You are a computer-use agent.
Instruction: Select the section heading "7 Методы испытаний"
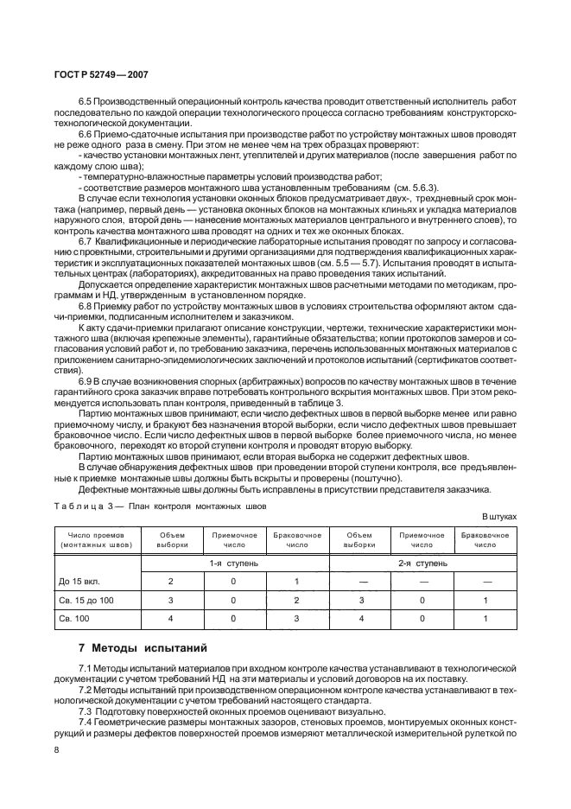click(x=135, y=647)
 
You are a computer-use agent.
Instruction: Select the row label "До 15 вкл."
click(x=79, y=580)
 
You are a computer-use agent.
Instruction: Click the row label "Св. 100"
click(x=75, y=618)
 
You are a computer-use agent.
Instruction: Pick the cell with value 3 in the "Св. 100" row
click(x=297, y=618)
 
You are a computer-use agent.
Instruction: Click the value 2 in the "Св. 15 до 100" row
click(x=297, y=599)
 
